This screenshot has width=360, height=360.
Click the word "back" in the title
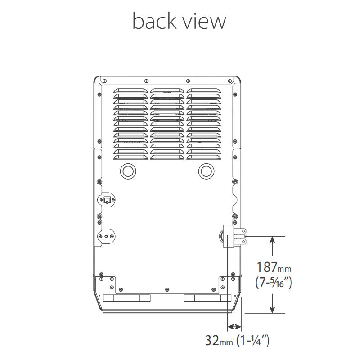pos(154,21)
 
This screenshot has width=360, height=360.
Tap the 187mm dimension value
pos(274,267)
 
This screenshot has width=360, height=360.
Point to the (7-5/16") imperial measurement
pos(274,282)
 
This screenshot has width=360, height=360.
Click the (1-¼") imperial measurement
pos(253,341)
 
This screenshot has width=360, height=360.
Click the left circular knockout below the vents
pos(128,171)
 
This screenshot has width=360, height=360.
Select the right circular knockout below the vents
pos(206,171)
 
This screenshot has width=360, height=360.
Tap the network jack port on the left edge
pos(107,200)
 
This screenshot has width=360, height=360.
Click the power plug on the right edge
pos(234,236)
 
